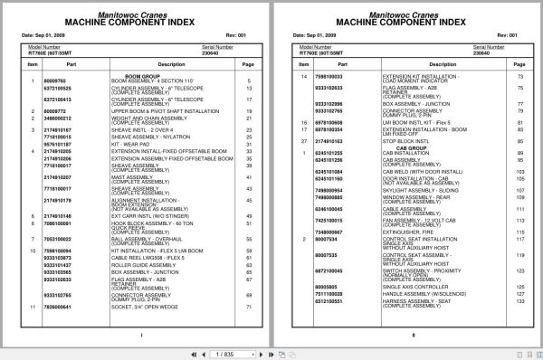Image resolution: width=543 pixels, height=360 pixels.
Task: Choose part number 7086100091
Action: coord(57,223)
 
